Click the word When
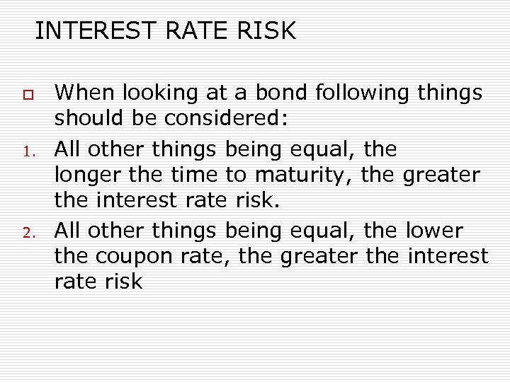click(85, 93)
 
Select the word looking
click(162, 93)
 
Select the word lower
click(434, 230)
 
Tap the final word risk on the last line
click(123, 282)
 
